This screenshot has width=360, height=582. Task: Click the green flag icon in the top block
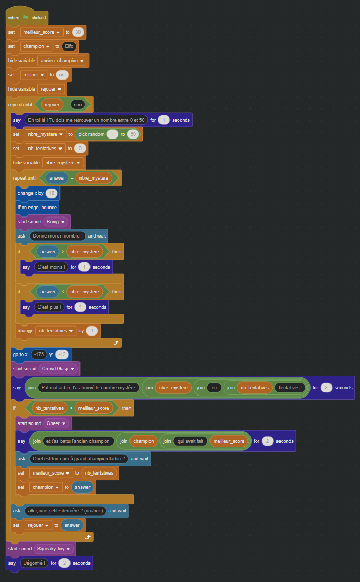tap(25, 17)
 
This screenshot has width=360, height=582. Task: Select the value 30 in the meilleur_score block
tap(78, 32)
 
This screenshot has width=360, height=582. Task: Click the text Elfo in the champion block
tap(69, 46)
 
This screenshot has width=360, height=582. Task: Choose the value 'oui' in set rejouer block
tap(62, 75)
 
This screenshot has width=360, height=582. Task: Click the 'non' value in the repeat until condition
tap(78, 104)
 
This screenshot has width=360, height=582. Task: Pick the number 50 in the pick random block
tap(133, 134)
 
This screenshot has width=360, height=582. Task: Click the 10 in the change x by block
tap(52, 193)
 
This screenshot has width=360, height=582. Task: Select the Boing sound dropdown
tap(56, 222)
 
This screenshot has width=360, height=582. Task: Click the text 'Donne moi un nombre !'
tap(57, 236)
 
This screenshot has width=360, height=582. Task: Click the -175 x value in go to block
tap(38, 354)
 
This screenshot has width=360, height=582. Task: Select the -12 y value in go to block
tap(62, 354)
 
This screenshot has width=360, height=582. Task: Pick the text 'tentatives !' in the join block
tap(290, 388)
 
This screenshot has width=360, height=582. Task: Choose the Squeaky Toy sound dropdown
tap(54, 549)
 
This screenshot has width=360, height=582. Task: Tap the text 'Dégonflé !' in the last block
tap(34, 563)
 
